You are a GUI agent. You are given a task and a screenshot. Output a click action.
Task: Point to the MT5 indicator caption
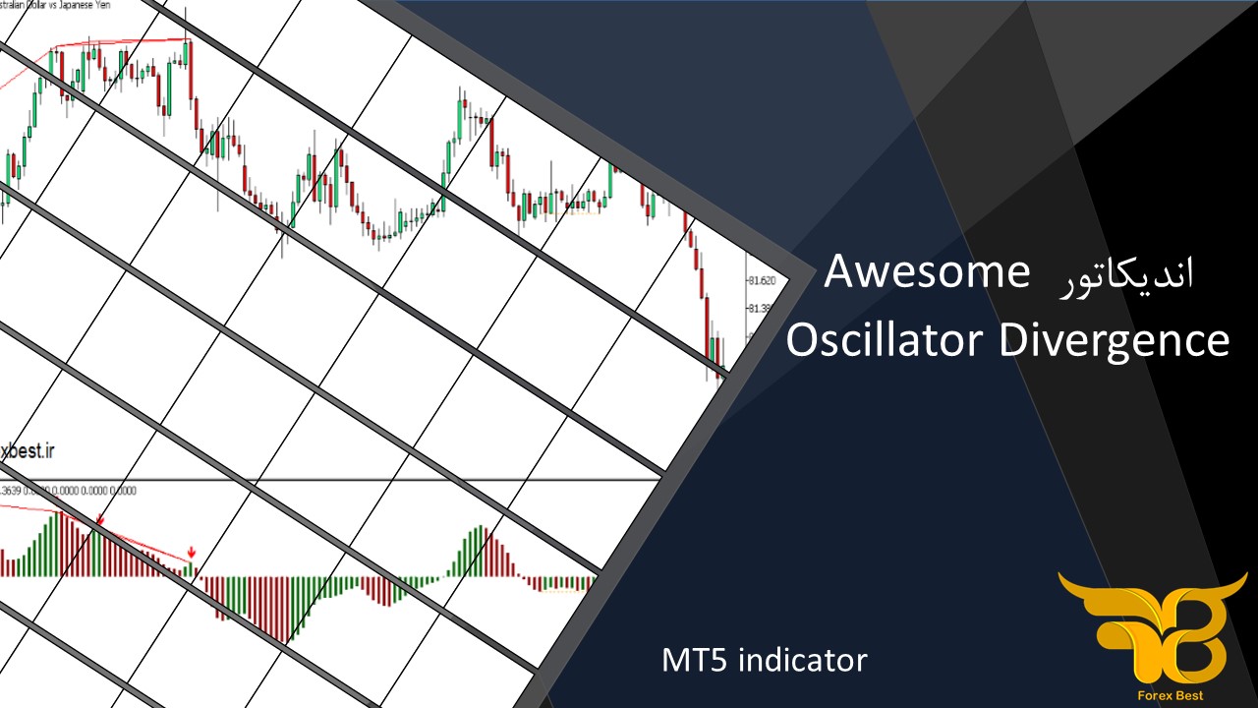coord(765,660)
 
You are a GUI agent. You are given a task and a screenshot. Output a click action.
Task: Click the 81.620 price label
coord(761,281)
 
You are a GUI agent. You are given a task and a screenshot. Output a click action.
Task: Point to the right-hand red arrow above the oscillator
coord(192,554)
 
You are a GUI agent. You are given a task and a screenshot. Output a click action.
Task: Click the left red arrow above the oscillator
coord(99,519)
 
